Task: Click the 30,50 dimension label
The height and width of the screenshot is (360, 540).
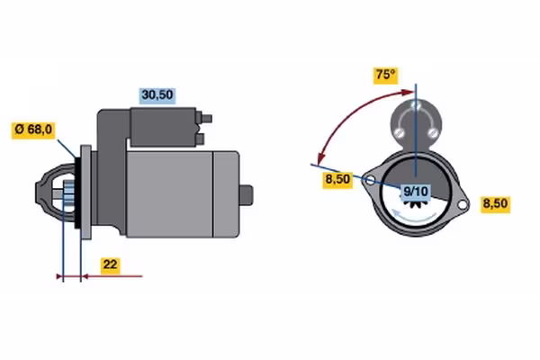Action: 156,93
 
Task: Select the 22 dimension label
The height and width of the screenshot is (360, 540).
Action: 108,265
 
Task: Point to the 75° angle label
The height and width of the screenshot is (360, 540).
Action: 386,76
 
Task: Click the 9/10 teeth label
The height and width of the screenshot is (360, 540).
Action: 415,190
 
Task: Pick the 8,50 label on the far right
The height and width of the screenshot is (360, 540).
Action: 496,203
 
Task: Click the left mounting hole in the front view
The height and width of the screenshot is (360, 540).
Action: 368,179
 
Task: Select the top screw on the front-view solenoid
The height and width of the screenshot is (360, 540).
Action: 415,106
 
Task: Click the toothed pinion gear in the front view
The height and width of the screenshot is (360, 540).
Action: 415,206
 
